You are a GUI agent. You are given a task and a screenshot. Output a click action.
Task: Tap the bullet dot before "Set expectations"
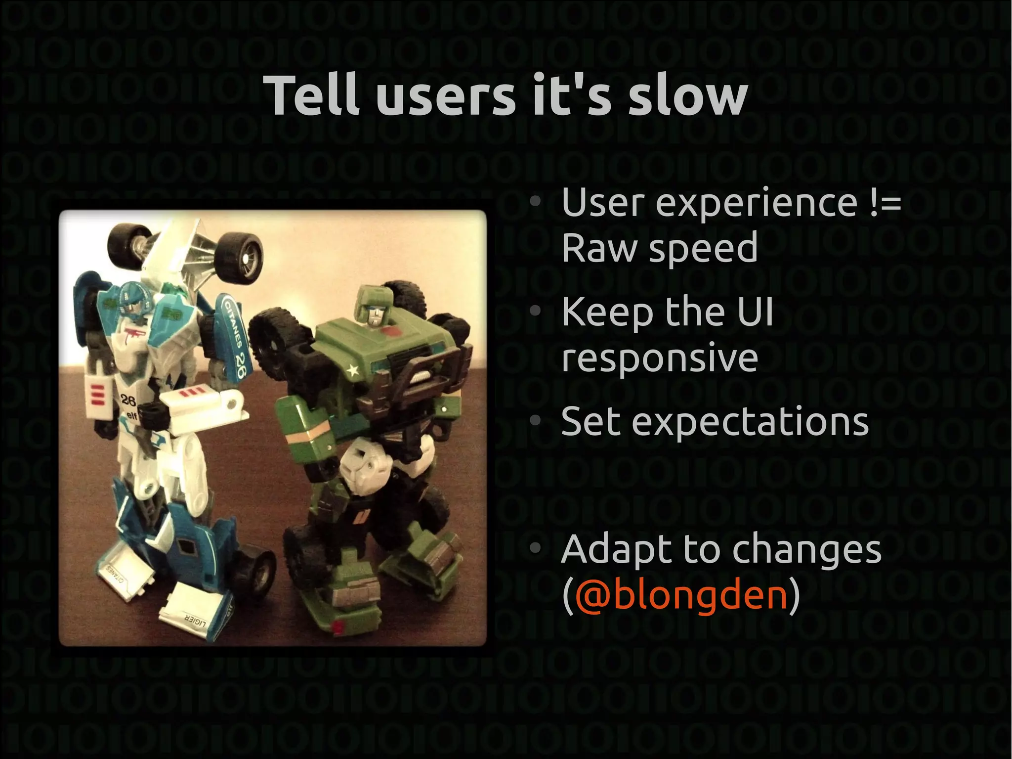tap(535, 421)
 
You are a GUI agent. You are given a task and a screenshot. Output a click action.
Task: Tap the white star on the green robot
tap(352, 369)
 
